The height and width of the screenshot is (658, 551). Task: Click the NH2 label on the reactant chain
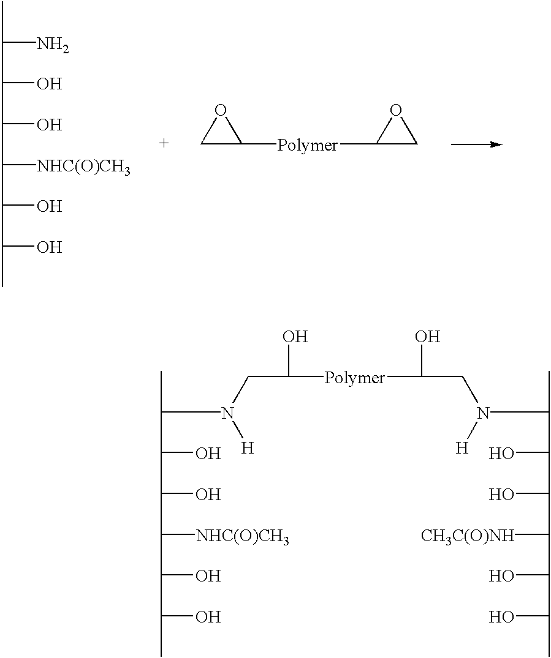[53, 44]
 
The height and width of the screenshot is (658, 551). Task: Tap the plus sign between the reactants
[164, 143]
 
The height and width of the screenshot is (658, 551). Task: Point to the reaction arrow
[476, 144]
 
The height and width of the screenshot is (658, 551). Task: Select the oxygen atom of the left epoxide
[221, 110]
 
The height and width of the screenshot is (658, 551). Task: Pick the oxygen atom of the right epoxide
[397, 110]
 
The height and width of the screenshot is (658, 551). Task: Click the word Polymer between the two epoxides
[307, 146]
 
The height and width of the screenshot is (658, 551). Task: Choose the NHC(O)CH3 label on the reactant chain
[83, 166]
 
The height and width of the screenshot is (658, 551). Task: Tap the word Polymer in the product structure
[354, 378]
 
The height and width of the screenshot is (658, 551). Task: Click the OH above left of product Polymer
[295, 337]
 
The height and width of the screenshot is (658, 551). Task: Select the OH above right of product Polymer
[427, 337]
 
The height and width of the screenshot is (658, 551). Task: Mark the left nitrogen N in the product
[228, 414]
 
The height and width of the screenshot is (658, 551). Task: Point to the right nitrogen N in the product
[483, 414]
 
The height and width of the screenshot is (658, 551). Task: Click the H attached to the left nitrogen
[247, 448]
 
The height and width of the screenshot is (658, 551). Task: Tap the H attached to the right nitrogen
[463, 448]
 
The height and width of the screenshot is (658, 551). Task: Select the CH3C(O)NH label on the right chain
[468, 536]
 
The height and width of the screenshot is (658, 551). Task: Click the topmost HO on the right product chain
[501, 454]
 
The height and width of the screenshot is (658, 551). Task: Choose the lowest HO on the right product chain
[501, 618]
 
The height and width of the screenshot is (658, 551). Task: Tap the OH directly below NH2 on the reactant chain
[50, 84]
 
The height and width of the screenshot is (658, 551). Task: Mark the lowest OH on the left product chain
[208, 618]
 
